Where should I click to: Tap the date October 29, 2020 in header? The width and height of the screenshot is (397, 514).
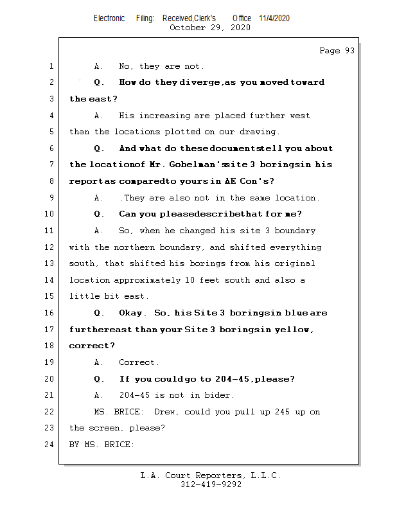tap(210, 28)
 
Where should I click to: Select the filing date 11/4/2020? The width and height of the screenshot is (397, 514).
tap(274, 18)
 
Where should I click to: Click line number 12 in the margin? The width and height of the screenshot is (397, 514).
tap(51, 247)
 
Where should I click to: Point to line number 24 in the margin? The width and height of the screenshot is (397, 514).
tap(51, 445)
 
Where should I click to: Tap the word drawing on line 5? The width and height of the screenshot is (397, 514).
tap(258, 132)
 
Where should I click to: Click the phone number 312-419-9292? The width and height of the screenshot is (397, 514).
tap(211, 485)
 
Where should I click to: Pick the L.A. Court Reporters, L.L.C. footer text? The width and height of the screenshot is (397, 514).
tap(211, 475)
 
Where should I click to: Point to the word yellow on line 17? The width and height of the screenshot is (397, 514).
tap(293, 330)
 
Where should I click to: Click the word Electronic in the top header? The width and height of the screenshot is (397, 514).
tap(109, 18)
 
